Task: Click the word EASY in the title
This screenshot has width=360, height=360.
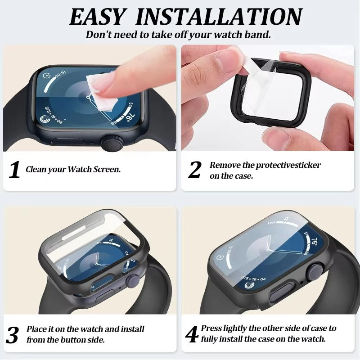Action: tap(97, 17)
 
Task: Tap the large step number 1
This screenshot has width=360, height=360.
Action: tap(15, 170)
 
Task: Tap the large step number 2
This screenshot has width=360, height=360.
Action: tap(195, 170)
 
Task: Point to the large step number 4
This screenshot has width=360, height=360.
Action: tap(192, 334)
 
